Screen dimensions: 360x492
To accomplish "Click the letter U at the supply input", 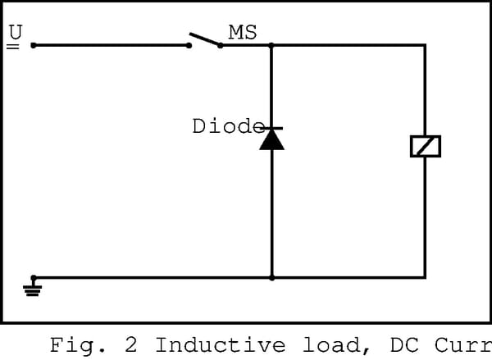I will pyautogui.click(x=15, y=32).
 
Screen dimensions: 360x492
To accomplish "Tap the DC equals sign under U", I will pyautogui.click(x=12, y=48).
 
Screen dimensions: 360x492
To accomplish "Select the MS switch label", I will pyautogui.click(x=243, y=32).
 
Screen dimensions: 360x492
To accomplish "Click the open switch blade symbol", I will pyautogui.click(x=205, y=39).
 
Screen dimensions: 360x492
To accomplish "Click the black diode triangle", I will pyautogui.click(x=271, y=139).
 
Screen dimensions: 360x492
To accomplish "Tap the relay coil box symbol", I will pyautogui.click(x=425, y=146).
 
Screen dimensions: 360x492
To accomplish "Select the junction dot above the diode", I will pyautogui.click(x=271, y=45).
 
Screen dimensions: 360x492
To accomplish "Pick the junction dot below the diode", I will pyautogui.click(x=271, y=278).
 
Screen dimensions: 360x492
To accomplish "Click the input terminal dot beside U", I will pyautogui.click(x=33, y=45).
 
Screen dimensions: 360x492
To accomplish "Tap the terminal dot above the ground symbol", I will pyautogui.click(x=33, y=278).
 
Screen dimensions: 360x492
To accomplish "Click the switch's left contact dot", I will pyautogui.click(x=189, y=45).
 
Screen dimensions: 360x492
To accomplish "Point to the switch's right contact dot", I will pyautogui.click(x=220, y=45).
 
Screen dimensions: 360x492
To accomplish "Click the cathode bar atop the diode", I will pyautogui.click(x=271, y=128).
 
